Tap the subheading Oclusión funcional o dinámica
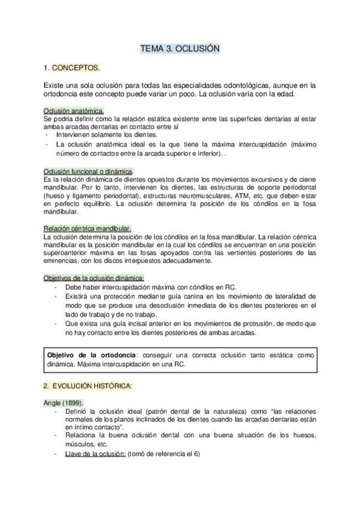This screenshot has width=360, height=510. click(x=88, y=171)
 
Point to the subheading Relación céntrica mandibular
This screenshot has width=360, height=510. click(x=87, y=229)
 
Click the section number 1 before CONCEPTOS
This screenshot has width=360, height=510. click(x=46, y=67)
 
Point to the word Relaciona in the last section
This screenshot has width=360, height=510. click(x=82, y=435)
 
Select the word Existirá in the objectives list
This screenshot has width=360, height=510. click(x=78, y=296)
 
